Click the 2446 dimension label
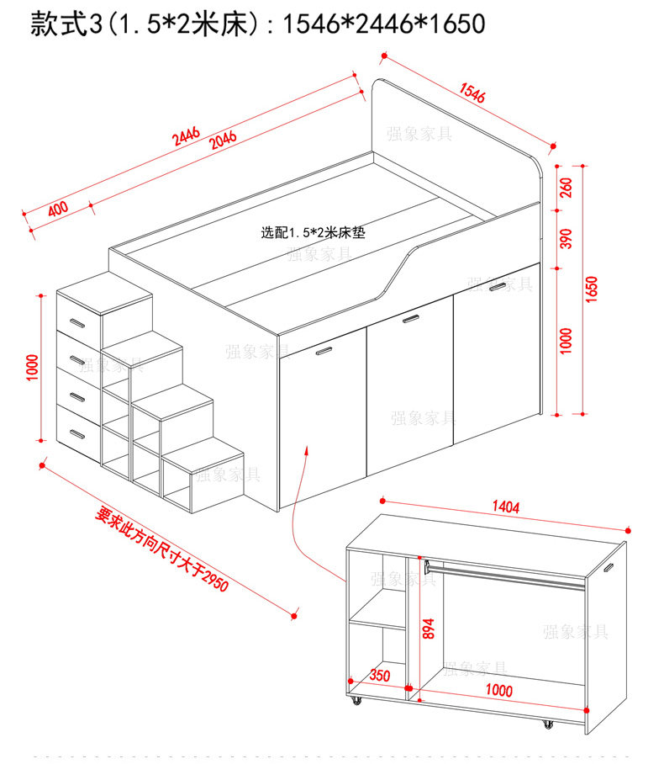(187, 136)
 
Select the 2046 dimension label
(223, 140)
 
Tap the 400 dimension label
(58, 209)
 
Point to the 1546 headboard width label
(472, 93)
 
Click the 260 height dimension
(567, 188)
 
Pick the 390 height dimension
(567, 239)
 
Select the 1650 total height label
(591, 289)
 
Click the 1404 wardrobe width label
(506, 507)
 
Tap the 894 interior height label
(428, 629)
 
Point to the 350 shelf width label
(380, 676)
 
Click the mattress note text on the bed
(313, 232)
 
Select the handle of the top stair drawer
(77, 323)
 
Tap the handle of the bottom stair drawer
(77, 433)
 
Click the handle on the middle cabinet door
(410, 319)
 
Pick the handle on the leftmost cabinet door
(324, 351)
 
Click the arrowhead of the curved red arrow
(307, 449)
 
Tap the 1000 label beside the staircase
(32, 368)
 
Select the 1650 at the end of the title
(457, 24)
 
